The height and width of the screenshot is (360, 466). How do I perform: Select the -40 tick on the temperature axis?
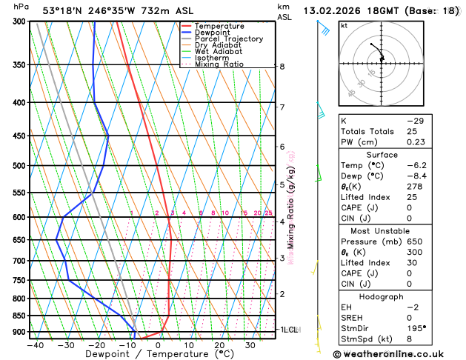coord(34,345)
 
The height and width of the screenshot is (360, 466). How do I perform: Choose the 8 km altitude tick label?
coord(282,67)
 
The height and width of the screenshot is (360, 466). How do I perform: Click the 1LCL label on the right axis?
coord(287,329)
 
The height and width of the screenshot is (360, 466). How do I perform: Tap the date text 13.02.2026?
coord(334,11)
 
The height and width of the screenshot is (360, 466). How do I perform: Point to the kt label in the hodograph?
coord(344,25)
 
